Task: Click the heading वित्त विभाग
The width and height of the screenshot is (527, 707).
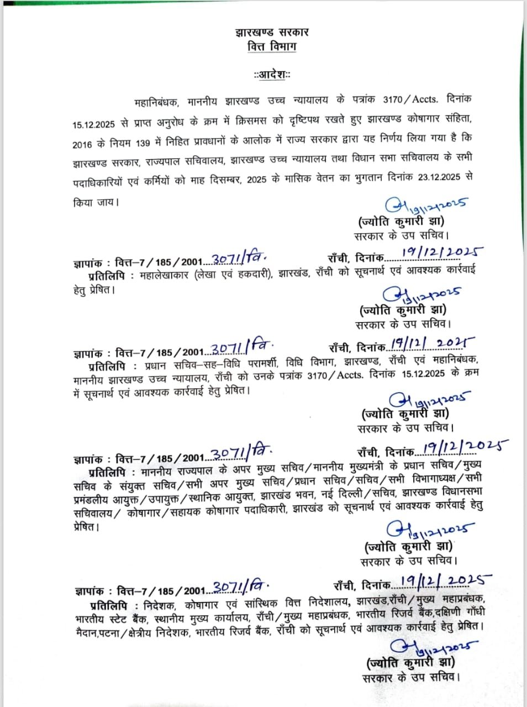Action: pos(271,46)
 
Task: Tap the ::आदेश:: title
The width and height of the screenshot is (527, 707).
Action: pos(272,75)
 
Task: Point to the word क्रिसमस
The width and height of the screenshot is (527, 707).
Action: pos(251,120)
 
